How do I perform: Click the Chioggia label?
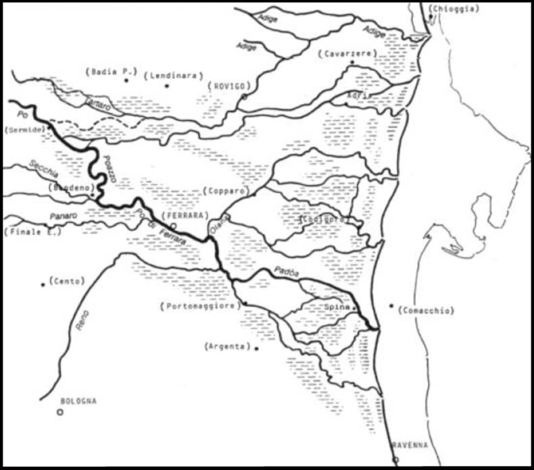click(x=455, y=9)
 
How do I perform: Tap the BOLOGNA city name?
click(x=78, y=400)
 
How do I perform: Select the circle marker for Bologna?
click(x=60, y=411)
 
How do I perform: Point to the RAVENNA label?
click(x=410, y=444)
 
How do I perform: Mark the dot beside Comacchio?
click(x=391, y=306)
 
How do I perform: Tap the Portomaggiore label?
click(x=201, y=306)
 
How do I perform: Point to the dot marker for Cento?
click(x=43, y=284)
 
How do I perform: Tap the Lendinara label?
click(x=174, y=76)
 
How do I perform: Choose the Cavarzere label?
click(x=345, y=53)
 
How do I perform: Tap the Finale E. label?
click(x=33, y=232)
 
